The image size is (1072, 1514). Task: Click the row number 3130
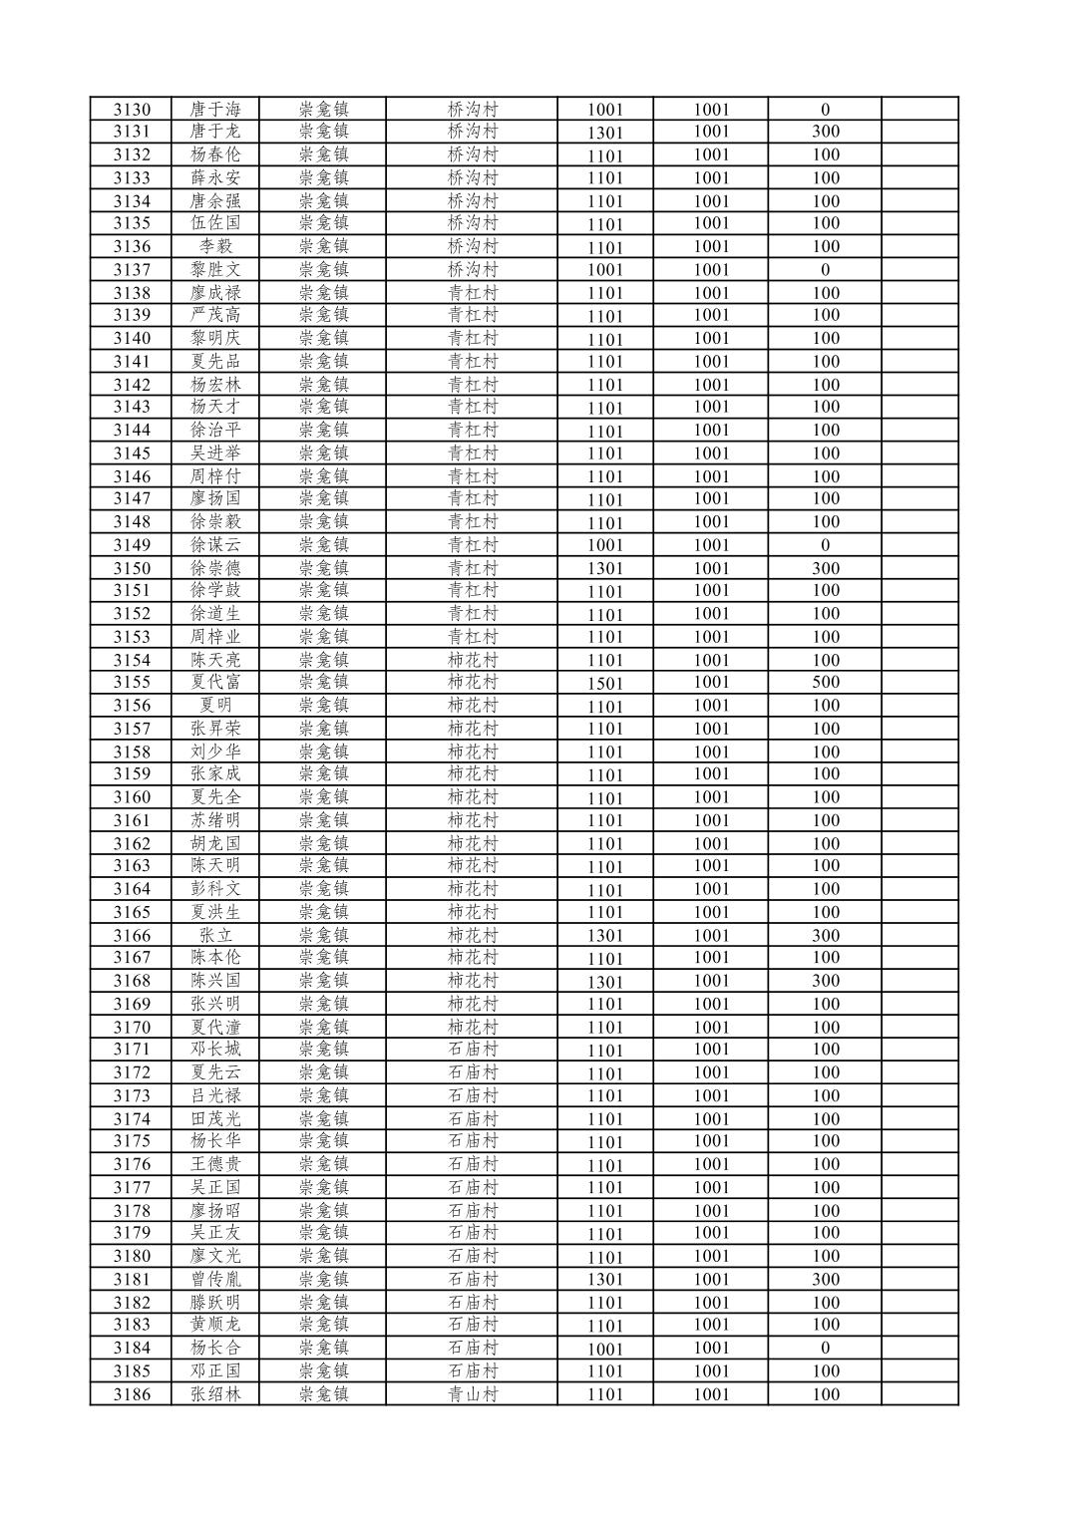(x=132, y=110)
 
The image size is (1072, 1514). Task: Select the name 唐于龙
(x=215, y=132)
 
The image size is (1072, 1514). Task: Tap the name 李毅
(x=215, y=246)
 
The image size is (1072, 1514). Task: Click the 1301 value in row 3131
(x=604, y=133)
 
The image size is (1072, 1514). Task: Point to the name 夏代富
(x=215, y=683)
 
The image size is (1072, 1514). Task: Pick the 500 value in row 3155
(x=825, y=683)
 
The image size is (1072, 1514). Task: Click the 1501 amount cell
(x=604, y=684)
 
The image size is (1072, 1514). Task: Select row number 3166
(x=132, y=936)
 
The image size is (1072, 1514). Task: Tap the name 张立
(x=215, y=935)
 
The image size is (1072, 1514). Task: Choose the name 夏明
(x=215, y=706)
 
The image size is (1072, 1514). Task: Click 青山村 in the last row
(x=473, y=1394)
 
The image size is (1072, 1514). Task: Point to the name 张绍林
(x=215, y=1394)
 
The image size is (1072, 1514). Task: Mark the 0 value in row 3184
(x=825, y=1349)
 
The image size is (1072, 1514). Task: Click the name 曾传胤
(x=215, y=1280)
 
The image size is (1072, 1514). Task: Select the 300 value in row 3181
(x=825, y=1280)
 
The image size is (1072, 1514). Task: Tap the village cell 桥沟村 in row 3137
(x=473, y=269)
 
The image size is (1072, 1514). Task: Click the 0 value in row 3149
(x=825, y=545)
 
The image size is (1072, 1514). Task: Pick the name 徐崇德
(x=215, y=568)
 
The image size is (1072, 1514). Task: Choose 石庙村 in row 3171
(x=473, y=1050)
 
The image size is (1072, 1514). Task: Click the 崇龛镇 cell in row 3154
(x=324, y=660)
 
